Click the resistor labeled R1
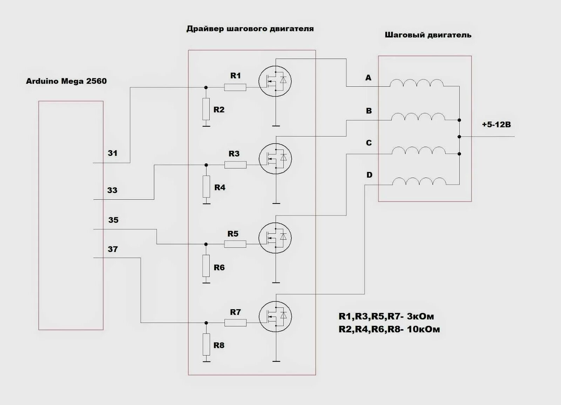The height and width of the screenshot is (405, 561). point(235,87)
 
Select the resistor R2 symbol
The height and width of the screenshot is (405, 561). point(206,109)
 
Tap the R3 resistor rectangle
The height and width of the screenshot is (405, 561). point(235,165)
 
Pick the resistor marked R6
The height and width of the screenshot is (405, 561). point(206,266)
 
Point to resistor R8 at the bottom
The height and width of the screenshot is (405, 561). point(206,345)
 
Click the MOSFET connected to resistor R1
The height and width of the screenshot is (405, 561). point(275,81)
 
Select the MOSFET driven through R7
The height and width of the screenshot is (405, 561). point(275,317)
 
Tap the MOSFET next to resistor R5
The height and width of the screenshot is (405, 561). point(275,238)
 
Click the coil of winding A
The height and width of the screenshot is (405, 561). point(417,83)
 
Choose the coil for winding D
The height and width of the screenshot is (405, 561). point(419,181)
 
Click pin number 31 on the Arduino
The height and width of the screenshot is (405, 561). point(113,153)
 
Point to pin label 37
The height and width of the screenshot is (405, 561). point(113,249)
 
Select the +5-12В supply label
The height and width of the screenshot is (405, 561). point(496,125)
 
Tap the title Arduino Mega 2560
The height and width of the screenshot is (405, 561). point(66,81)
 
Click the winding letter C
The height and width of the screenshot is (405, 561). point(369,143)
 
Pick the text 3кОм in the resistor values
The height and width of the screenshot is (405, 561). point(420,317)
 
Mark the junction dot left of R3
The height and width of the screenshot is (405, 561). point(206,165)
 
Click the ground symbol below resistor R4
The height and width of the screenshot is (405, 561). point(206,203)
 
